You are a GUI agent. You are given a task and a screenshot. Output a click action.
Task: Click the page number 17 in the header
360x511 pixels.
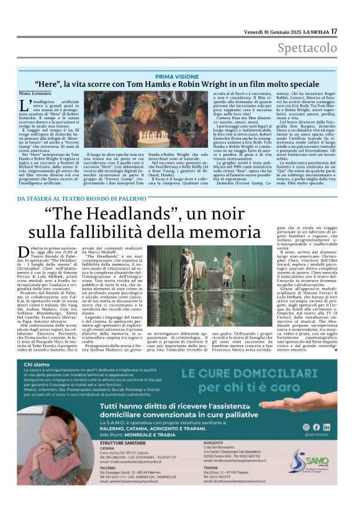coord(334,31)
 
